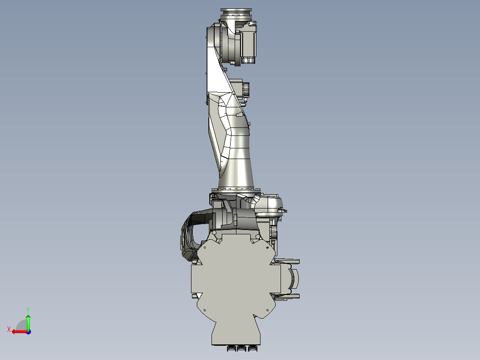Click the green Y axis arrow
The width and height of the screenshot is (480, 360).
tap(28, 322)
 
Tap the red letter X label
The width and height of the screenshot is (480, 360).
tap(9, 329)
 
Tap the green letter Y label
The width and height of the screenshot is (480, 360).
tap(28, 309)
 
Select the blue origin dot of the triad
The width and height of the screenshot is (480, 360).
tap(28, 331)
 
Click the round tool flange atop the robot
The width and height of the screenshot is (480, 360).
tap(236, 13)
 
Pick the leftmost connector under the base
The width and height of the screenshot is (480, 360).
tap(231, 348)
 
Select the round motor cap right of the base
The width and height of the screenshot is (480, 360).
tap(295, 279)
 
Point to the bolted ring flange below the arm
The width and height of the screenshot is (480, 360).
tap(235, 191)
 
